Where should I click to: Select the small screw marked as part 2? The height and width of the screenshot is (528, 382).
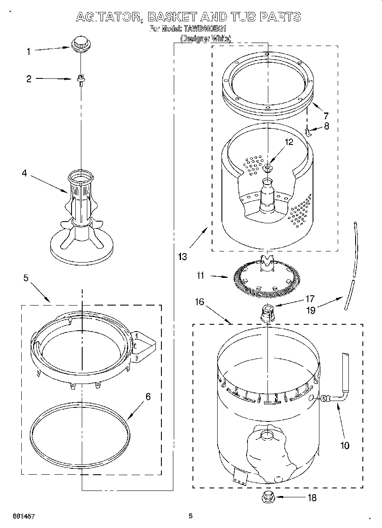(x=80, y=79)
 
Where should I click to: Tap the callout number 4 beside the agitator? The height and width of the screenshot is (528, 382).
(x=25, y=173)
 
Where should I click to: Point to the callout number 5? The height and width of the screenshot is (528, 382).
(x=26, y=278)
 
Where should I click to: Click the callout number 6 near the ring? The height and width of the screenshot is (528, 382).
(x=148, y=396)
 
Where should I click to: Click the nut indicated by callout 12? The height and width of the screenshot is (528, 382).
(x=268, y=167)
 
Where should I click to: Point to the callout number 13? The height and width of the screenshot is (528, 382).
(x=182, y=257)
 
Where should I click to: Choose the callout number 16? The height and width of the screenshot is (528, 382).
(x=199, y=302)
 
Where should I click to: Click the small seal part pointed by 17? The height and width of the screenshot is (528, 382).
(x=267, y=313)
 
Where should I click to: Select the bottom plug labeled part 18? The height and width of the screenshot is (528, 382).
(x=268, y=496)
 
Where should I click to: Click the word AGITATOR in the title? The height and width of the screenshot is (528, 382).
(x=109, y=17)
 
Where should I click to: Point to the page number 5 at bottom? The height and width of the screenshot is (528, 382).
(x=190, y=516)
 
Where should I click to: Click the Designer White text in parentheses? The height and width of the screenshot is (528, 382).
(x=206, y=38)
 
